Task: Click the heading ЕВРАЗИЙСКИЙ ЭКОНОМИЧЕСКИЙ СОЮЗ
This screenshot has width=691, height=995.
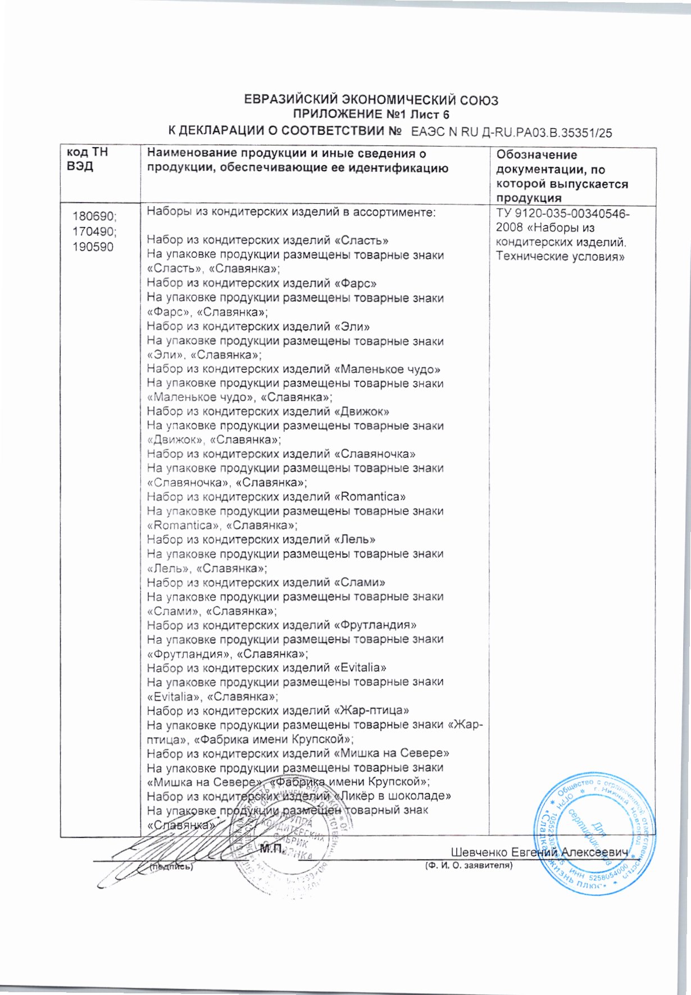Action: tap(371, 101)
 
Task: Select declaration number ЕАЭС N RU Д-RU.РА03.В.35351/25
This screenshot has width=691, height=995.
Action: tap(511, 133)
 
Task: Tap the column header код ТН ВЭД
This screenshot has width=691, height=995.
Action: tap(87, 160)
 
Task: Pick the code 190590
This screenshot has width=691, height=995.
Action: tap(93, 247)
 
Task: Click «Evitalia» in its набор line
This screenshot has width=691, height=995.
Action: tap(360, 668)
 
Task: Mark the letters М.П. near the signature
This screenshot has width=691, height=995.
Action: tap(270, 849)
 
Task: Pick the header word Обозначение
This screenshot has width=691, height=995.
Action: tap(537, 155)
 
